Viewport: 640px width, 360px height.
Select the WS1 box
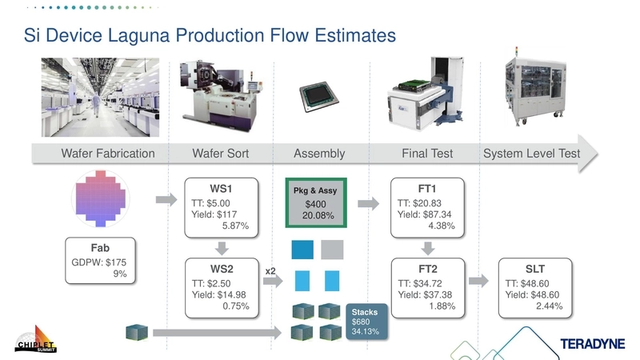222,207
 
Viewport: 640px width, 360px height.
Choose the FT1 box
426,207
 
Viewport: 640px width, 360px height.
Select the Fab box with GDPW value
100,261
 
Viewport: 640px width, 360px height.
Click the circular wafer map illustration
101,198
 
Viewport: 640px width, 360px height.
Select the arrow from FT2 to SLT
478,281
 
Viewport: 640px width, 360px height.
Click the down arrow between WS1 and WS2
222,247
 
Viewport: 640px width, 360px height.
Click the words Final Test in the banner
426,154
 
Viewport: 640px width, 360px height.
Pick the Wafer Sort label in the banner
221,154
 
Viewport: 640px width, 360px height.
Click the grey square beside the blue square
332,250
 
